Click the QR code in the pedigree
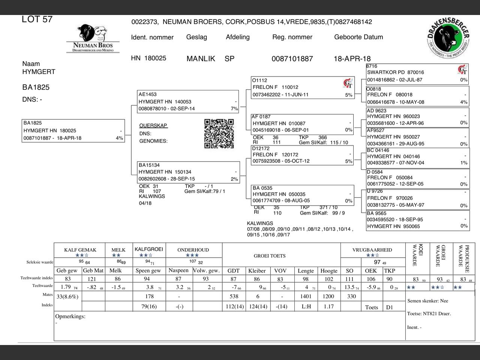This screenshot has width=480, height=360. (x=219, y=133)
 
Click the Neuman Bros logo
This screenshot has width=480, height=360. (x=93, y=39)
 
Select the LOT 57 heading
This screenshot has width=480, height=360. (x=37, y=19)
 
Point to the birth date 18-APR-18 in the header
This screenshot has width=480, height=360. (x=352, y=58)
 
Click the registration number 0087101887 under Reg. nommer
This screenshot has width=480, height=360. (x=292, y=58)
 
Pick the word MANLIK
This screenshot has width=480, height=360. (x=201, y=58)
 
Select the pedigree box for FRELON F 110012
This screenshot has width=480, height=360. (x=302, y=88)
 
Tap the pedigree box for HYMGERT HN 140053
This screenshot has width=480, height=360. (x=188, y=101)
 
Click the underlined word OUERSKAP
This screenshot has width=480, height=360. (x=153, y=126)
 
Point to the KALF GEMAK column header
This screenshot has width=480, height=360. (x=80, y=250)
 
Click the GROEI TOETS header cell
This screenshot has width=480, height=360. (x=270, y=256)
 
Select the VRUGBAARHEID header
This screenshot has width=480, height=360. (x=372, y=250)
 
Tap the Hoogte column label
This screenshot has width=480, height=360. (x=328, y=271)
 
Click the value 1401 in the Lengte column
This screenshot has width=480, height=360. (x=306, y=296)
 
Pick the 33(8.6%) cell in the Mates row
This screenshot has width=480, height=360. (x=67, y=296)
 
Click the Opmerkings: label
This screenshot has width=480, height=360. (x=70, y=316)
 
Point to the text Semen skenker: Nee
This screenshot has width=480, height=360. (x=427, y=301)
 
